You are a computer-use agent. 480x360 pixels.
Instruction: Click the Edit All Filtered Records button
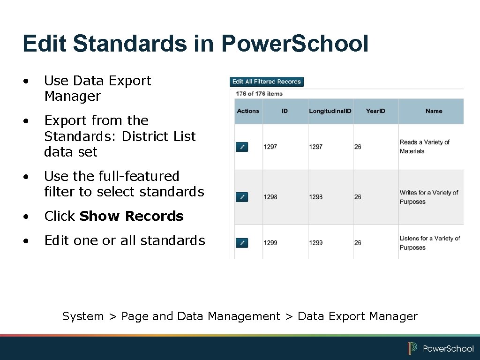click(x=267, y=82)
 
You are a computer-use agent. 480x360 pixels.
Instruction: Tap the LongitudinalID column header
click(x=330, y=111)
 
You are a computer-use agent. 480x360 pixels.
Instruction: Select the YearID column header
click(x=375, y=111)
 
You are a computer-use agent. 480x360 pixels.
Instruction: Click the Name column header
click(x=434, y=111)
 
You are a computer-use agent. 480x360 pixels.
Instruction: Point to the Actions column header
click(x=248, y=111)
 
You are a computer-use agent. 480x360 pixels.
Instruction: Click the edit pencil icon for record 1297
click(x=242, y=147)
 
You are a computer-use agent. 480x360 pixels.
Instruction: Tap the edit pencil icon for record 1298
click(x=242, y=197)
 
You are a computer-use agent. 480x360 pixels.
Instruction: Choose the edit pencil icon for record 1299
click(x=242, y=243)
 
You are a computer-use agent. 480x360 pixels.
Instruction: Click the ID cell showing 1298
click(x=270, y=197)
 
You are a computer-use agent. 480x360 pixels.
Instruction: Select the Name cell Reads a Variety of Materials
click(x=424, y=147)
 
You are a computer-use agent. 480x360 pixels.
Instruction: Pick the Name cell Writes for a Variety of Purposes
click(x=428, y=197)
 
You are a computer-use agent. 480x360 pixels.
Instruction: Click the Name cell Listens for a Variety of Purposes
click(x=429, y=243)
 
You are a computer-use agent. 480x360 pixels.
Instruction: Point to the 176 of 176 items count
click(x=259, y=94)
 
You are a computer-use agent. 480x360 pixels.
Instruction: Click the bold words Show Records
click(x=131, y=216)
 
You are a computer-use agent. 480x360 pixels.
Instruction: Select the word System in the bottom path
click(x=83, y=316)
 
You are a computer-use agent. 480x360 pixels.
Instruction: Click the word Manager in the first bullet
click(x=72, y=97)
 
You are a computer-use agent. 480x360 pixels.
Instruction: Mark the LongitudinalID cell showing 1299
click(x=316, y=243)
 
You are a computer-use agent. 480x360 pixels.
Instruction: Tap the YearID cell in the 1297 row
click(x=358, y=147)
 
